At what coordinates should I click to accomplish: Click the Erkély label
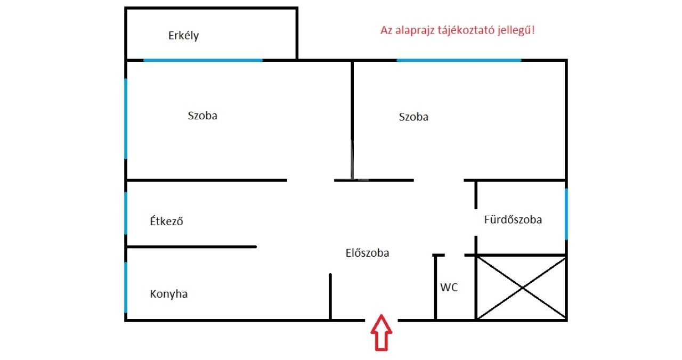click(x=183, y=36)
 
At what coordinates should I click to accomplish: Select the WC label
click(x=449, y=288)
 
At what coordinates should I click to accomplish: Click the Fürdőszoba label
click(x=513, y=219)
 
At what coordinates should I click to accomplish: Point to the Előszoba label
click(x=367, y=253)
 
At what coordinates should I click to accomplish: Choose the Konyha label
click(x=168, y=294)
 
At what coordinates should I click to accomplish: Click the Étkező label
click(x=166, y=222)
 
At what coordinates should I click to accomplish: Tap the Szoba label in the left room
click(x=202, y=116)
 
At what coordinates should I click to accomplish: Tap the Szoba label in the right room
click(x=413, y=117)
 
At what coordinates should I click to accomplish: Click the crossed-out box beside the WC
click(x=522, y=288)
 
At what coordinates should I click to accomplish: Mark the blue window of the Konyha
click(x=126, y=288)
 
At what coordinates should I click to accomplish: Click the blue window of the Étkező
click(x=126, y=213)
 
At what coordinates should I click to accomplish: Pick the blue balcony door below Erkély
click(x=203, y=60)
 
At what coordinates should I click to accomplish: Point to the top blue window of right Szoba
click(x=459, y=60)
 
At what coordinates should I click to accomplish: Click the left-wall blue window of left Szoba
click(x=126, y=118)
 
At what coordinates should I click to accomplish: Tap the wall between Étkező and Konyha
click(x=192, y=247)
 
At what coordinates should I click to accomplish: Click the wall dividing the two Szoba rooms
click(x=352, y=117)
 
